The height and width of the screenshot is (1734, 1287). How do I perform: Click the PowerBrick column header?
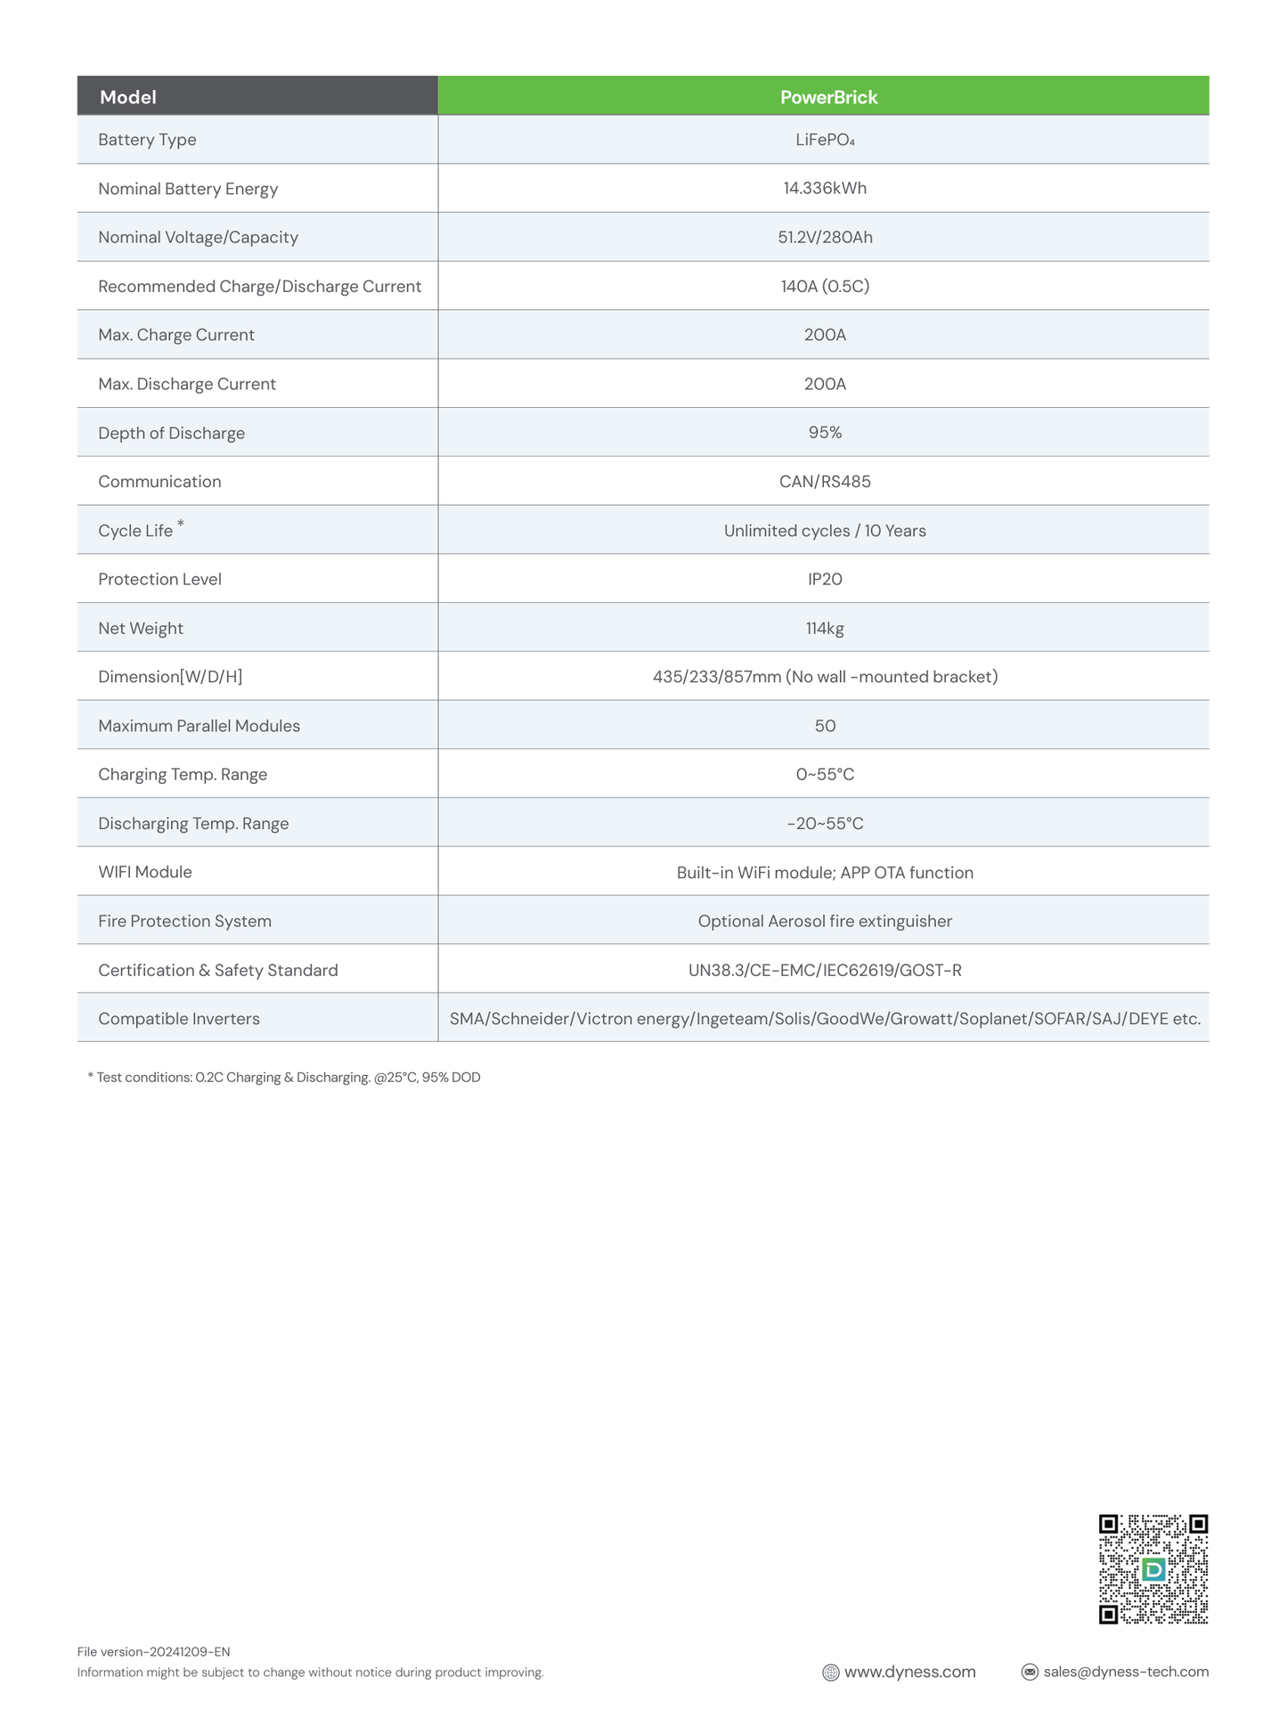[828, 97]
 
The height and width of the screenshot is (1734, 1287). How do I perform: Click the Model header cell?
[128, 97]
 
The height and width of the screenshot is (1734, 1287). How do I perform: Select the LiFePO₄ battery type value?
[825, 140]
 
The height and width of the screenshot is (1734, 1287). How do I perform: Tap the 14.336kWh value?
[825, 188]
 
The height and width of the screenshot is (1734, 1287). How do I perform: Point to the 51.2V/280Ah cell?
[825, 237]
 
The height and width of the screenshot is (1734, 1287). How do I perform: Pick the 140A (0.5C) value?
[825, 286]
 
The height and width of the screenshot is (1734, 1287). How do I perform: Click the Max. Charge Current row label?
[176, 335]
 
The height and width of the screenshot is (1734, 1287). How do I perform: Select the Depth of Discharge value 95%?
[825, 432]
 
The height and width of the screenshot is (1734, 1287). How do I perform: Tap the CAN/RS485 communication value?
[825, 481]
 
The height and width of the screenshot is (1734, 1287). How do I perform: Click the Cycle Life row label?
[136, 531]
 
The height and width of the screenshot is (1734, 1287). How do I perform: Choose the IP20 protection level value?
[825, 579]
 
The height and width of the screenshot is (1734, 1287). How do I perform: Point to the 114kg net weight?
[825, 628]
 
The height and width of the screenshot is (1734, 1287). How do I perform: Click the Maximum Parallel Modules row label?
[199, 726]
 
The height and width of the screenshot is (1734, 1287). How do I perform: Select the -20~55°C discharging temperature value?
[825, 823]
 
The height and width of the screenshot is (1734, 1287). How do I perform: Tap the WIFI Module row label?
[145, 872]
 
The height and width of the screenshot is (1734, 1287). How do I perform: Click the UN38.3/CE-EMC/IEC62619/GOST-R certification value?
[825, 970]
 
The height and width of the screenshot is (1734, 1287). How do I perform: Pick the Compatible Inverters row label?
[179, 1018]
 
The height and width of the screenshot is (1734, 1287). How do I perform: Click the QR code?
[1153, 1568]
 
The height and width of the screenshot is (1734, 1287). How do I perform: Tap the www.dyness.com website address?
[909, 1672]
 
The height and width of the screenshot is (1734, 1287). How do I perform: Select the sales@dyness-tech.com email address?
[1126, 1672]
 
